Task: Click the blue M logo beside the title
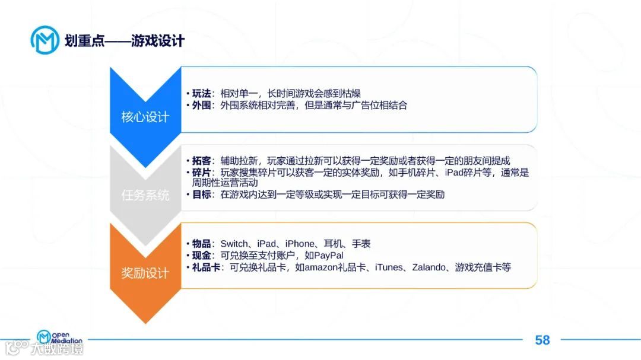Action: point(45,40)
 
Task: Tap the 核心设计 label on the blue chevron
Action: point(145,117)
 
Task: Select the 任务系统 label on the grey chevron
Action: point(145,195)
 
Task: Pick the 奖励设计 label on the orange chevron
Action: point(145,273)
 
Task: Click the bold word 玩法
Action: point(201,94)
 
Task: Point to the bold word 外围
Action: point(201,105)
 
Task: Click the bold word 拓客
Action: point(201,161)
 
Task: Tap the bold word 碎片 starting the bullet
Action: point(201,172)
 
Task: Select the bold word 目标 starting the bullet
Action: point(201,195)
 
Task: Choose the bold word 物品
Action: point(201,244)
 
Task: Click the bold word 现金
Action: point(201,255)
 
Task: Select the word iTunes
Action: point(389,267)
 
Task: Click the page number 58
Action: point(542,340)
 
